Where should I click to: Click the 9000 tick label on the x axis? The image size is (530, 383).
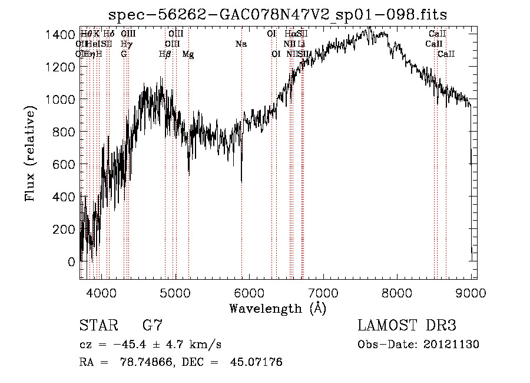(471, 292)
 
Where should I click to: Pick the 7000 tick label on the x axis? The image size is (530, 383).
(323, 292)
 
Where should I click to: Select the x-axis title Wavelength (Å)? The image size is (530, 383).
(277, 308)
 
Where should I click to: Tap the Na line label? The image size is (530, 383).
(241, 44)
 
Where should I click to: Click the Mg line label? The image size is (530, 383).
(188, 54)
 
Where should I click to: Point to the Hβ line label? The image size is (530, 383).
(165, 54)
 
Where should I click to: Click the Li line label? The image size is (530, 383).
(301, 44)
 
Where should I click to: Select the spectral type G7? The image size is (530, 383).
(153, 325)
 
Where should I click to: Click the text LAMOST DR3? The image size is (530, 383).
(406, 325)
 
